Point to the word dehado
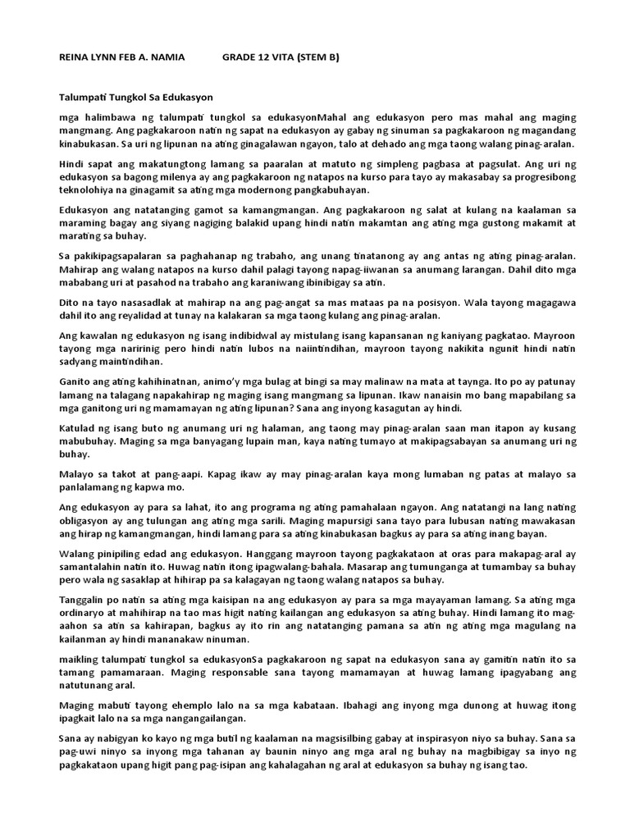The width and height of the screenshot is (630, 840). click(404, 144)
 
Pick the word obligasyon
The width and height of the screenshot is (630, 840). click(88, 522)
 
